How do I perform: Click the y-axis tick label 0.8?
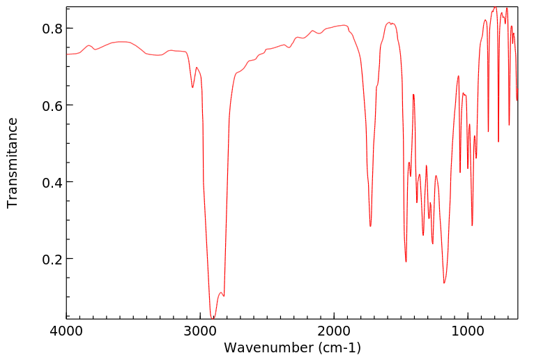pos(53,29)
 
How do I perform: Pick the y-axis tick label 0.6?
pos(53,105)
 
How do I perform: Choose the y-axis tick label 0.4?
pos(53,182)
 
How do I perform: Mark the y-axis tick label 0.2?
pos(53,259)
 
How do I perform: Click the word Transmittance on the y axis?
pos(13,163)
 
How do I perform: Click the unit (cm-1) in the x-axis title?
pos(338,347)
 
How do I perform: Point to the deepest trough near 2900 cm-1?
pos(213,317)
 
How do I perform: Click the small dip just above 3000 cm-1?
pos(192,87)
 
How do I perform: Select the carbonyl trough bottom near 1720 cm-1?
pos(370,226)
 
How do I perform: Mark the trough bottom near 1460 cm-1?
pos(406,262)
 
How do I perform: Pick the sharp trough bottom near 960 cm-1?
pos(472,225)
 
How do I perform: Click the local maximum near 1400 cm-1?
pos(413,94)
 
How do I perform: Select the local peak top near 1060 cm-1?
pos(458,76)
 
